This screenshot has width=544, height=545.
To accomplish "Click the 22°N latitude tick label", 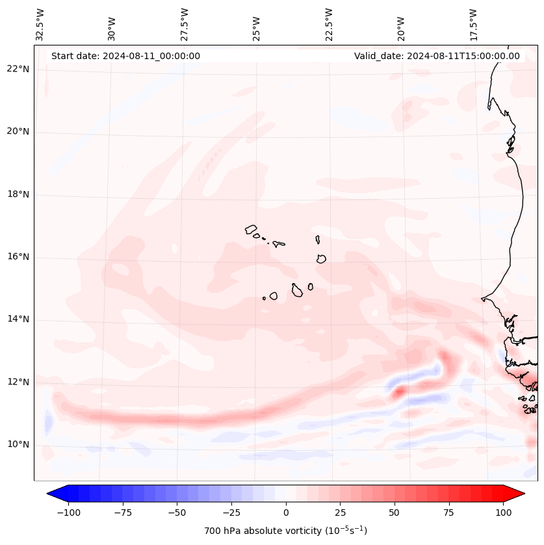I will click(x=18, y=70).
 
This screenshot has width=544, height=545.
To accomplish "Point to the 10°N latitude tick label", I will click(x=18, y=445).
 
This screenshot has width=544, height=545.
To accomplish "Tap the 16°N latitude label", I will click(x=18, y=257).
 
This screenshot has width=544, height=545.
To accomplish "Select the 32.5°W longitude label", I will click(x=40, y=24).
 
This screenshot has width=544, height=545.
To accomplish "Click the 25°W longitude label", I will click(x=257, y=25).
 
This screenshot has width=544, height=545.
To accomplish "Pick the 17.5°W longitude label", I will click(x=473, y=24).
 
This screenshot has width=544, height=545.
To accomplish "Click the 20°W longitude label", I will click(x=401, y=25).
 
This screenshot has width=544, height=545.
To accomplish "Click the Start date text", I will click(x=125, y=56).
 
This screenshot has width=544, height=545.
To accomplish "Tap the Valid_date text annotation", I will click(x=437, y=56).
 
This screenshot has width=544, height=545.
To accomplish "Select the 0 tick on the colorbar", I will click(x=286, y=513).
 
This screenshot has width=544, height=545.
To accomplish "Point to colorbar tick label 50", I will click(x=394, y=513).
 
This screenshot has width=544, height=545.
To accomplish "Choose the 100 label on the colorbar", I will click(x=502, y=513).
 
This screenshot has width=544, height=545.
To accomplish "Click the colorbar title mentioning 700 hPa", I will click(x=286, y=531).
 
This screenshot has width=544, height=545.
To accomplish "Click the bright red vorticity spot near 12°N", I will click(x=398, y=392).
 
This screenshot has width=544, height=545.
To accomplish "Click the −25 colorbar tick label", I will click(x=230, y=513).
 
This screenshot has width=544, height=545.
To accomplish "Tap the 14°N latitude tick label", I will click(x=18, y=320).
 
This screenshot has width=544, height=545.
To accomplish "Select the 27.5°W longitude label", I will click(x=185, y=24).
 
